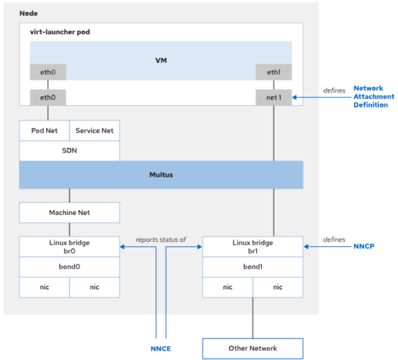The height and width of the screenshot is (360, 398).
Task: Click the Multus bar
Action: click(x=161, y=174)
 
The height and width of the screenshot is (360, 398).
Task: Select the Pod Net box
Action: click(x=44, y=131)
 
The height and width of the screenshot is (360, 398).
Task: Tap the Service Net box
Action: click(x=94, y=131)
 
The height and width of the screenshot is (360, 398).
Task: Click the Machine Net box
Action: click(x=70, y=213)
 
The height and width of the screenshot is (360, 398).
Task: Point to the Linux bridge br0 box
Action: click(x=70, y=247)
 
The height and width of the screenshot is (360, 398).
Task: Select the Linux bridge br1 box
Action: click(x=252, y=247)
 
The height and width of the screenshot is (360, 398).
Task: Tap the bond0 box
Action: click(x=70, y=267)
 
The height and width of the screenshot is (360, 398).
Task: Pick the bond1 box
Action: click(x=252, y=267)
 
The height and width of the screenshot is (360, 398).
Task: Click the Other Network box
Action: click(x=252, y=348)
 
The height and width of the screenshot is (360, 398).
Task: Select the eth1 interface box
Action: click(x=273, y=72)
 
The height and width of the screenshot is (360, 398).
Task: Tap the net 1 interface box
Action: click(x=273, y=98)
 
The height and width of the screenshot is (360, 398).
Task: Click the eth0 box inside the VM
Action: click(x=48, y=72)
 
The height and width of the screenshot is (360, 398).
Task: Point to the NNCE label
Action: click(x=160, y=348)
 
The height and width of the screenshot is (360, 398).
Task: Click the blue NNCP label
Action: click(x=365, y=247)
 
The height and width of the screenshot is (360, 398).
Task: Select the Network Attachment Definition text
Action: click(x=370, y=97)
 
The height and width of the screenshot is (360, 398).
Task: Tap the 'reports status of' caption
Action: click(x=161, y=239)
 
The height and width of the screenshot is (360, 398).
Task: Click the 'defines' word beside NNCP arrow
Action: click(x=334, y=239)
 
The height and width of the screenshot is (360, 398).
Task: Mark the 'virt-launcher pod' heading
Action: click(x=60, y=32)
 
